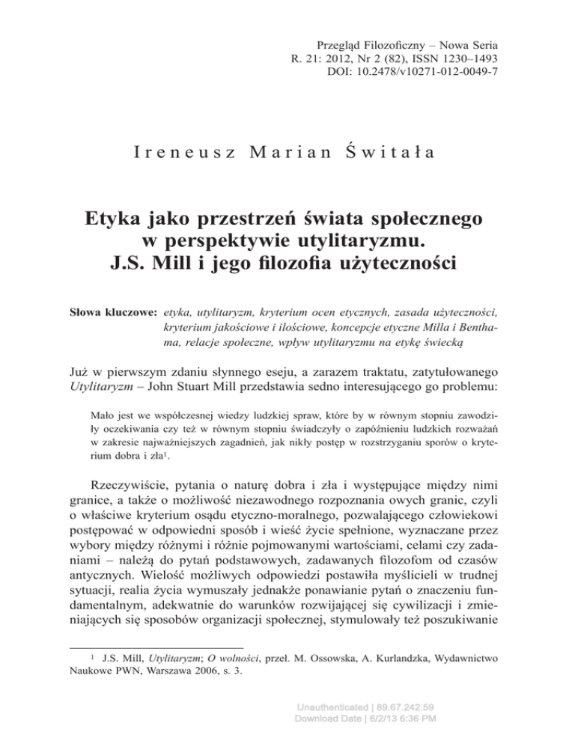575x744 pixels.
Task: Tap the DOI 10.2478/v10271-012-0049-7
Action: point(434,74)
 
